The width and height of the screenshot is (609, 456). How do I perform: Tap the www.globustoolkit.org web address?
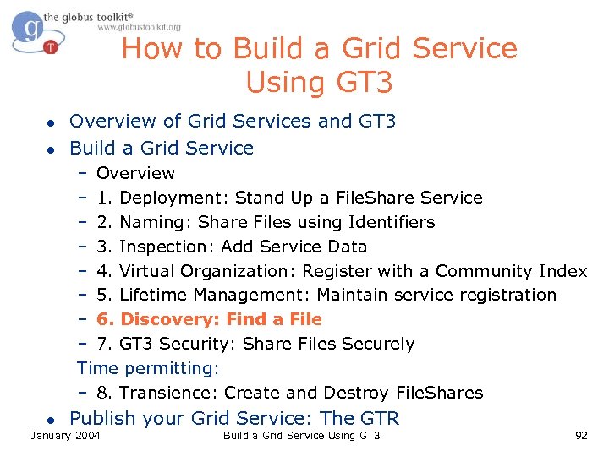click(x=139, y=27)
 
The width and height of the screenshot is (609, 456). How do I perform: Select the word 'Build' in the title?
click(x=270, y=49)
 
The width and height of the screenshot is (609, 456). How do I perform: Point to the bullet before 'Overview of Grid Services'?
click(x=51, y=122)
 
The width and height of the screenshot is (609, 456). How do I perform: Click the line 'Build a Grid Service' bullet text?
click(x=161, y=148)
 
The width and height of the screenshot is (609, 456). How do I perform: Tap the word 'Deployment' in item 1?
click(x=173, y=198)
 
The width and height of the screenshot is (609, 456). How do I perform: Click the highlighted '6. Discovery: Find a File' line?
click(x=208, y=319)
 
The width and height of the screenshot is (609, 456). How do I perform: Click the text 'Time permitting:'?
click(x=148, y=368)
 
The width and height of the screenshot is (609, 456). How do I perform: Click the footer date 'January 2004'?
click(x=65, y=435)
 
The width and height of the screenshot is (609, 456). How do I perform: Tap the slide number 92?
click(x=580, y=435)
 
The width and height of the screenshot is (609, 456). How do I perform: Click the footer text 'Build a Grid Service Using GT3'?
click(x=301, y=435)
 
